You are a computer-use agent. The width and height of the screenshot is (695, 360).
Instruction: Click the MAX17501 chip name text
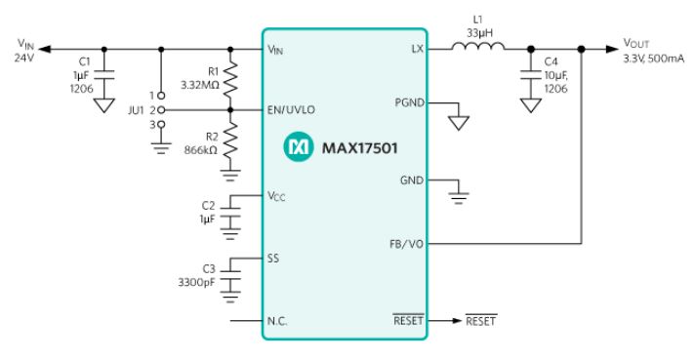tap(359, 148)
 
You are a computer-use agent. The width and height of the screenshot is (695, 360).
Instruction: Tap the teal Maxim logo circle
tap(299, 146)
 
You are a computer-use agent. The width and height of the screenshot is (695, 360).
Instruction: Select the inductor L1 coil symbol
tap(478, 46)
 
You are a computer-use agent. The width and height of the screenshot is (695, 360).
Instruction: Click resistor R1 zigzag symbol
tap(230, 80)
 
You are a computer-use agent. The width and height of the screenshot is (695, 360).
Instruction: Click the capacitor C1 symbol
tap(104, 75)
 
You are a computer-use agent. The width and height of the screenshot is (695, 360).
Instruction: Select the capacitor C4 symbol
tap(531, 74)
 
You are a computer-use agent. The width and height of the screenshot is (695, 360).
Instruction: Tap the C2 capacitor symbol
tap(230, 212)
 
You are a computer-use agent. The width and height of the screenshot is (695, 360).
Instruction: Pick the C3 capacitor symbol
tap(230, 275)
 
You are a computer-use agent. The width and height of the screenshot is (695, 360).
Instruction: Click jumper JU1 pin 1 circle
tap(161, 96)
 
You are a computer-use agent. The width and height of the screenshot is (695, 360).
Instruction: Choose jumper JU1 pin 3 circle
tap(161, 125)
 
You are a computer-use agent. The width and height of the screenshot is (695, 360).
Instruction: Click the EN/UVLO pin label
tap(291, 110)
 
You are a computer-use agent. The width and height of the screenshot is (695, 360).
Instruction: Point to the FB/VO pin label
tap(406, 244)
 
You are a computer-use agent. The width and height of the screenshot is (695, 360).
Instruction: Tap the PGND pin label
tap(410, 102)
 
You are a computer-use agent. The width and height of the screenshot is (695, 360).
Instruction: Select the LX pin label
tap(418, 49)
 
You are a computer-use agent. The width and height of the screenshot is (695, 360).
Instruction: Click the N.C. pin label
tap(277, 321)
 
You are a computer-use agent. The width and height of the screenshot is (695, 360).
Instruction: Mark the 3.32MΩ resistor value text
tap(200, 85)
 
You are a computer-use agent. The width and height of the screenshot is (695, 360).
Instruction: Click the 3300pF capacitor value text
tap(196, 282)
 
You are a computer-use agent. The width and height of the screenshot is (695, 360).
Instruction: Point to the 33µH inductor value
tap(479, 33)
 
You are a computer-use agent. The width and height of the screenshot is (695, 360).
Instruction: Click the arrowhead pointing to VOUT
tap(612, 49)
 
